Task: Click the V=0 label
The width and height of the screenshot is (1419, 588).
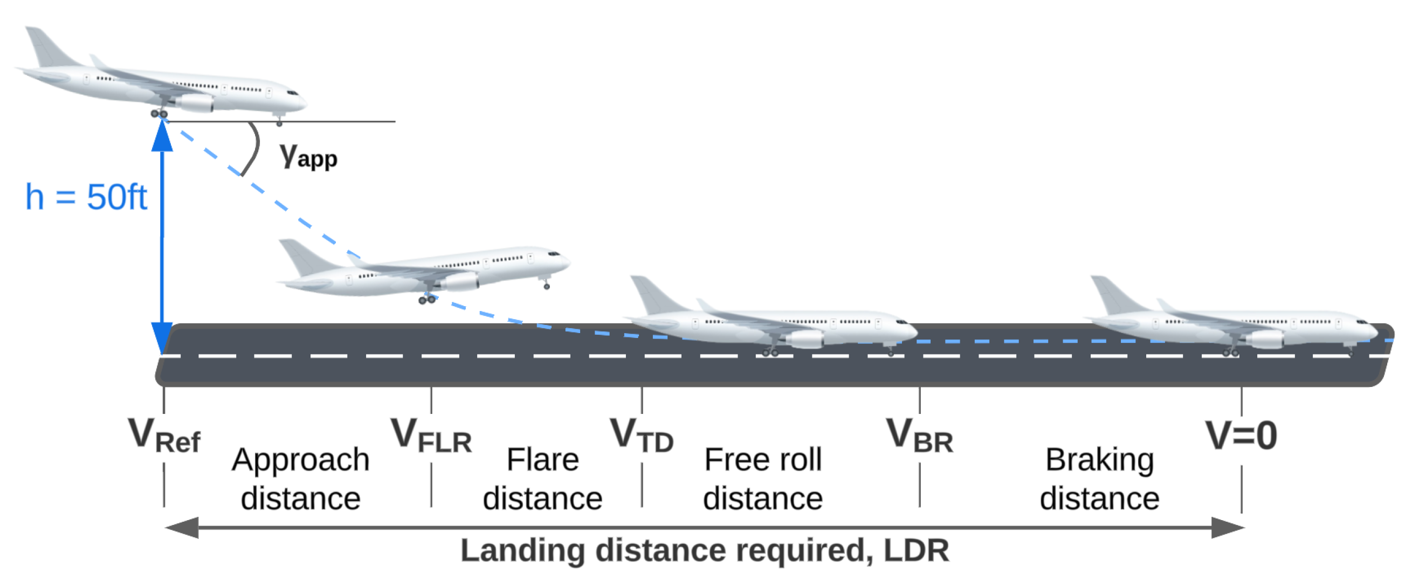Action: [x=1241, y=436]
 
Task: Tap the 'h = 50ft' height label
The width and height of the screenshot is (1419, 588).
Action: [x=86, y=197]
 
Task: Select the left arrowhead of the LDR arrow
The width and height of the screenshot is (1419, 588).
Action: [x=182, y=528]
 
